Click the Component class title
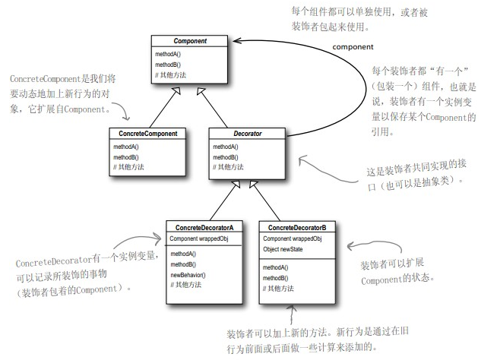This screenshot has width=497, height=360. [x=190, y=41]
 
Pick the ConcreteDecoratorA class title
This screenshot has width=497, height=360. [x=204, y=227]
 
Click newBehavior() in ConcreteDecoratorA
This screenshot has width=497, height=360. [x=188, y=274]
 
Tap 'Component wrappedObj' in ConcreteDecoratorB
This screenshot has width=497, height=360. [x=293, y=238]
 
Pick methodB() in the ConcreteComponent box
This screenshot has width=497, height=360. [x=126, y=156]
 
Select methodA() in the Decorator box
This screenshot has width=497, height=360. [x=226, y=147]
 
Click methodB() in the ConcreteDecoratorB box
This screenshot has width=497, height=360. [x=276, y=278]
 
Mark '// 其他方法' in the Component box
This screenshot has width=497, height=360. [x=170, y=74]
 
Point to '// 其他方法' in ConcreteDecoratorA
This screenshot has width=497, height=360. [x=187, y=285]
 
